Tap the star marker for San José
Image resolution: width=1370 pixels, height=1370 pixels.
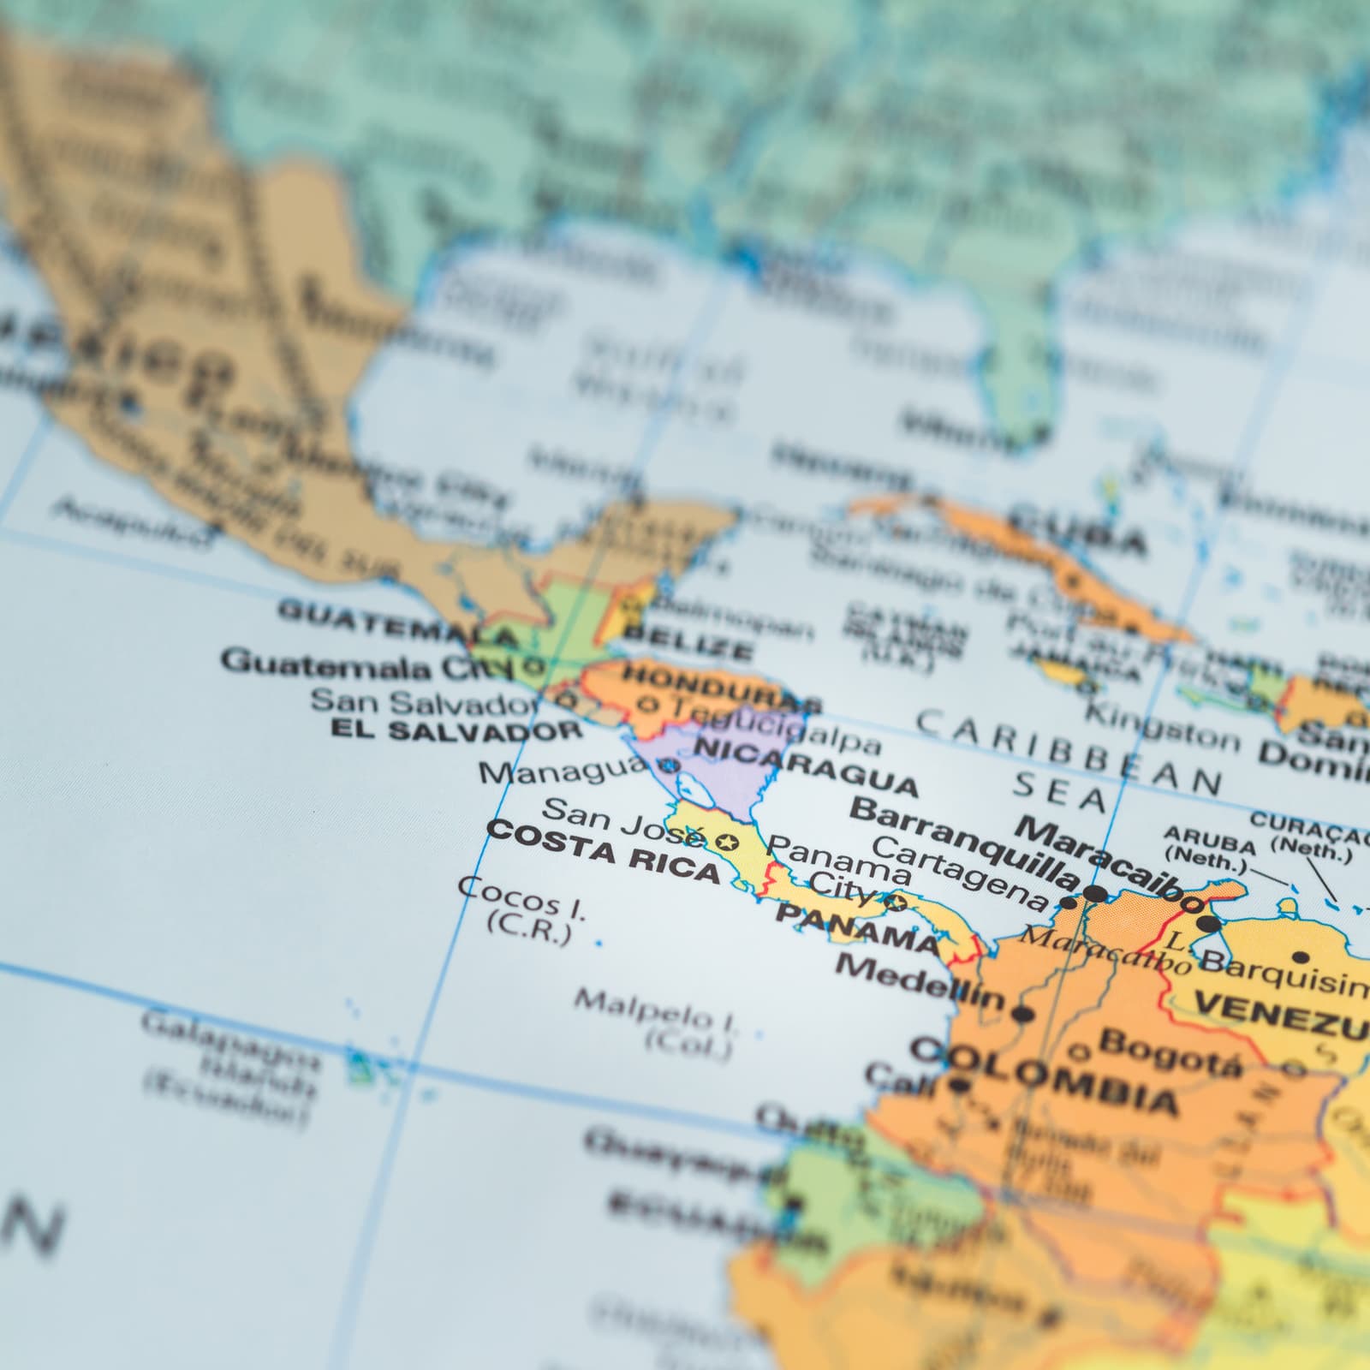pos(730,842)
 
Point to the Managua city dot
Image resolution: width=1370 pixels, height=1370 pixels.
pos(672,765)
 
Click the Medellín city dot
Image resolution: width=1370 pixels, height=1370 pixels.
pos(1022,1016)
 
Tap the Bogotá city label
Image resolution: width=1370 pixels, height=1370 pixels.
pos(1169,1051)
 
